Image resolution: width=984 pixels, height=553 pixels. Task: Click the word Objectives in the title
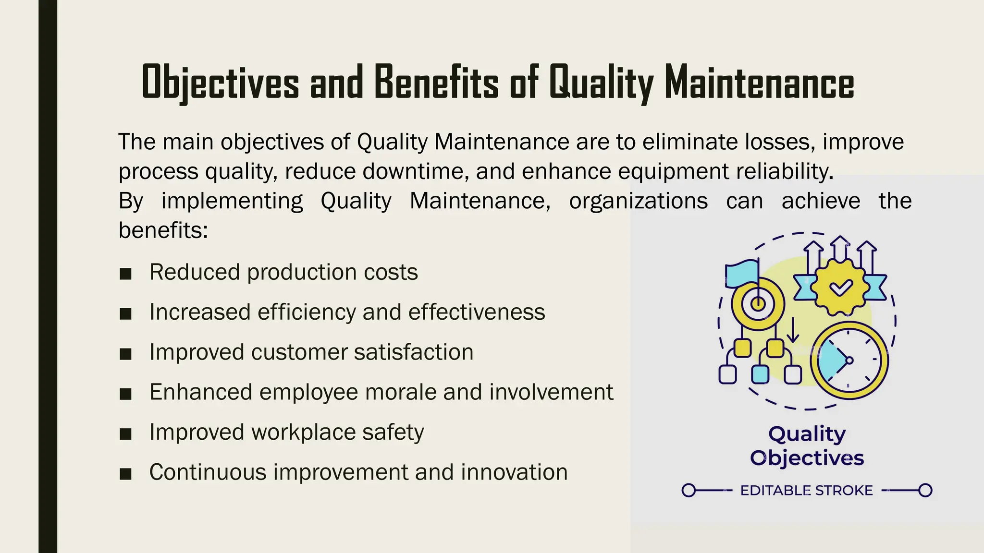tap(220, 83)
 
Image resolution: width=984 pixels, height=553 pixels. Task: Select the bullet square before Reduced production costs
tap(125, 274)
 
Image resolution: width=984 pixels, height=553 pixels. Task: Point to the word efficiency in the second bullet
tap(307, 312)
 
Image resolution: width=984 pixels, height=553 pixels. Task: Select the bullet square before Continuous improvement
tap(125, 474)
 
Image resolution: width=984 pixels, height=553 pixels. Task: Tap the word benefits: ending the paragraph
tap(163, 230)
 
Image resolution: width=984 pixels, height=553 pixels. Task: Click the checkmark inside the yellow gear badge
tap(841, 288)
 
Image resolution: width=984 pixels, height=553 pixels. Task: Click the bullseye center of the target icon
tap(758, 304)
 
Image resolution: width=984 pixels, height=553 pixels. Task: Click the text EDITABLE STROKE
tap(806, 491)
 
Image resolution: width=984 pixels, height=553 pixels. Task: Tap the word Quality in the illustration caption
tap(807, 434)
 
